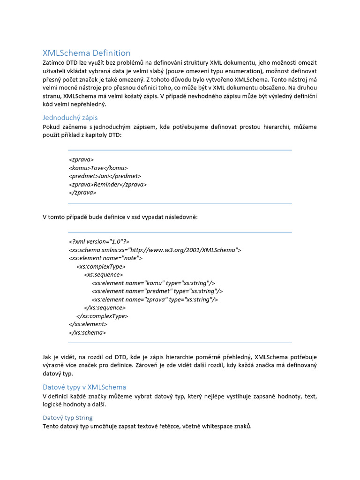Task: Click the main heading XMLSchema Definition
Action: (86, 53)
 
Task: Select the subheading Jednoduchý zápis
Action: (70, 117)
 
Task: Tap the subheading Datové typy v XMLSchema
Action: (84, 387)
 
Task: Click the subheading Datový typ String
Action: (67, 417)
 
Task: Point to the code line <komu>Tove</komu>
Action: (98, 168)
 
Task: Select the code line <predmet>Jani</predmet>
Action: (105, 176)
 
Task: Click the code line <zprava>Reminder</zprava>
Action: (107, 184)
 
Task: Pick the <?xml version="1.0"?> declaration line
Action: (99, 241)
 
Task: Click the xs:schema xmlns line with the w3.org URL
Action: (155, 250)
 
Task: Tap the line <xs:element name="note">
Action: (105, 258)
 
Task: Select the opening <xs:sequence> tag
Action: (104, 275)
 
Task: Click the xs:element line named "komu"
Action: (153, 283)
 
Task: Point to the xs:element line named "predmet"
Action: (157, 291)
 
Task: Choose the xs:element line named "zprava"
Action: (155, 300)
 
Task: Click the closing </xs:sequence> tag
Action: (105, 307)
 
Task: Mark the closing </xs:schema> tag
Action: (87, 332)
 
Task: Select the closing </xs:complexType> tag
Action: (102, 316)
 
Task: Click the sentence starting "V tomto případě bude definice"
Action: (120, 217)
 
